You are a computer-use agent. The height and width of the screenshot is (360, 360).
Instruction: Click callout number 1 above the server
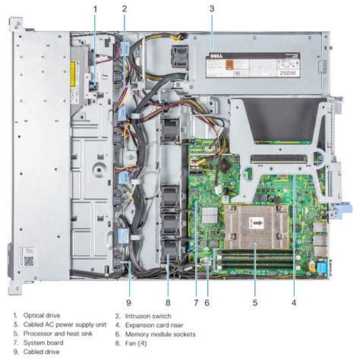(95, 9)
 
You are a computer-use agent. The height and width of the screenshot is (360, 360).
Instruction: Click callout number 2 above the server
(125, 9)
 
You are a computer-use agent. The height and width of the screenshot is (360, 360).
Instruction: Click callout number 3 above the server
(212, 9)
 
